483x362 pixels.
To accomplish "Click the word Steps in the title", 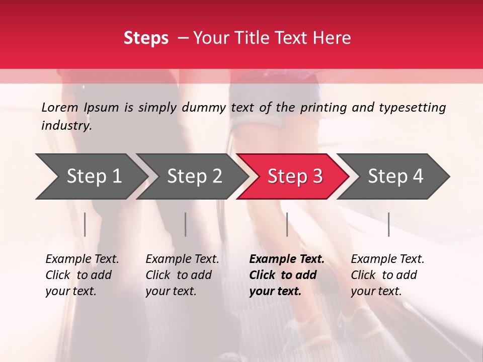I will tap(146, 38).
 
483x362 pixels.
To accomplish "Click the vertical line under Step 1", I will tap(85, 224).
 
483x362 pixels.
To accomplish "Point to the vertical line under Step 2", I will tap(186, 224).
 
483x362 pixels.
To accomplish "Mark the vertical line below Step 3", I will tap(287, 224).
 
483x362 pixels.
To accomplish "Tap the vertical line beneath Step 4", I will tap(388, 224).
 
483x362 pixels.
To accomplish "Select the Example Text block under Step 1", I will tap(82, 275).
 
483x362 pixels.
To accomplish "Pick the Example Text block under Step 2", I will tap(182, 275).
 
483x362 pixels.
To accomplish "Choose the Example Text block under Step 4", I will tap(387, 275).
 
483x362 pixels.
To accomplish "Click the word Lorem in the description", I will tap(60, 107).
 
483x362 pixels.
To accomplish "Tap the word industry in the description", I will tap(66, 125).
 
